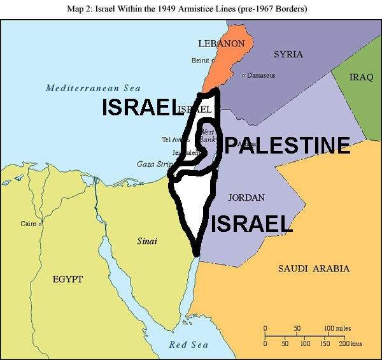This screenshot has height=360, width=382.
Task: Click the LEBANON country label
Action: click(x=221, y=44)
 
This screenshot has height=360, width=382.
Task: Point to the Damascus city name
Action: click(x=262, y=76)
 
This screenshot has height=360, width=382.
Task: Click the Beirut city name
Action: click(x=200, y=61)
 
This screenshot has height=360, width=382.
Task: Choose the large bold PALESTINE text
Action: click(x=286, y=145)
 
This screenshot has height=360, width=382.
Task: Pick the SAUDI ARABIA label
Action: click(x=314, y=268)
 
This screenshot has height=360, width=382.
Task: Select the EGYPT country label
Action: click(x=67, y=279)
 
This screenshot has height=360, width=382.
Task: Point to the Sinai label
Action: click(x=147, y=241)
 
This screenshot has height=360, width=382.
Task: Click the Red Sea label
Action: click(x=188, y=345)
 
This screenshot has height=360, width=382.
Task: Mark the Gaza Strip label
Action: click(x=155, y=164)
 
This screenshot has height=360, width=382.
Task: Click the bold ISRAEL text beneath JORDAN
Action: click(x=251, y=223)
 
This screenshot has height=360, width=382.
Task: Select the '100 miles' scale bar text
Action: click(x=337, y=328)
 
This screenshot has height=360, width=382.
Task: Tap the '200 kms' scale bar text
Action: click(x=350, y=343)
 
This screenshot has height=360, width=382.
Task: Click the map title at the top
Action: click(x=191, y=10)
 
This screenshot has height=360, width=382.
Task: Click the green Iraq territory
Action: click(x=360, y=96)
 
